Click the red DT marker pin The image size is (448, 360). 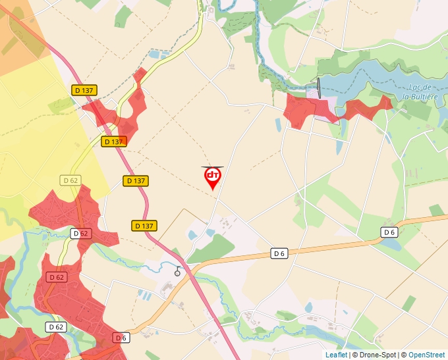(212, 177)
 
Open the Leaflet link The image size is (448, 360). (336, 355)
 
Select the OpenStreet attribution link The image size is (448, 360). (426, 355)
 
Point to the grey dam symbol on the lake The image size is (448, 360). (319, 88)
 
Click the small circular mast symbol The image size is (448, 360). (177, 272)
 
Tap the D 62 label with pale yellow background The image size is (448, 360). (70, 180)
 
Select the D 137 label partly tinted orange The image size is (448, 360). (113, 141)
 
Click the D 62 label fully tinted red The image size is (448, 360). (57, 277)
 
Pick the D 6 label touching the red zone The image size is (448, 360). (120, 338)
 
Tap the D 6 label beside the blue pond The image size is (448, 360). (389, 232)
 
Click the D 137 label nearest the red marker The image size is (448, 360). (136, 180)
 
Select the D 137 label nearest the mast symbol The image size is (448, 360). (144, 226)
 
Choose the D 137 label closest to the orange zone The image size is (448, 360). (85, 90)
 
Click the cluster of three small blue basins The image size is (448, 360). (143, 294)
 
